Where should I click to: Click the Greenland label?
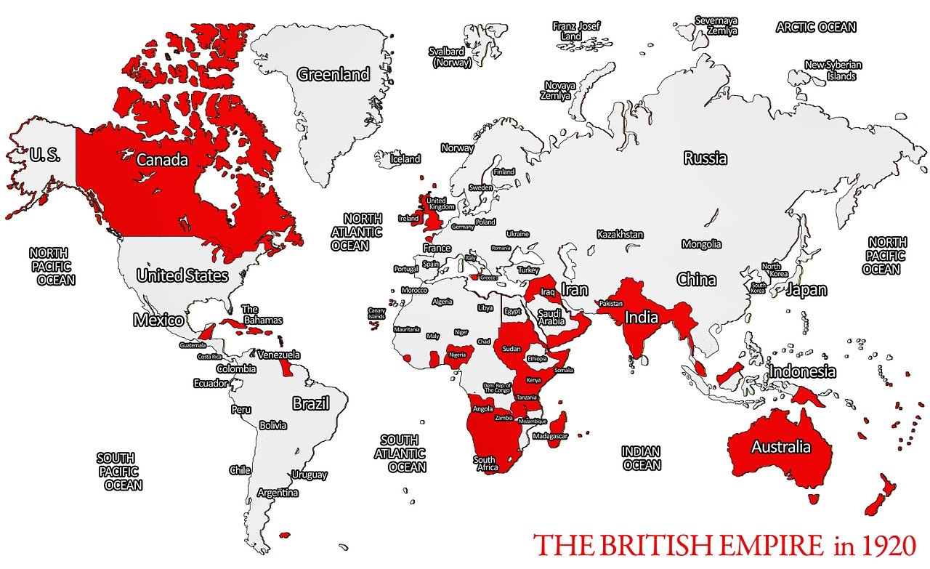click(333, 74)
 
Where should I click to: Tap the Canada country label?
click(163, 160)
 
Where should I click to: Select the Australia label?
click(781, 446)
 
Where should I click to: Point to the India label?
click(642, 317)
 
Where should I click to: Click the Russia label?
click(705, 158)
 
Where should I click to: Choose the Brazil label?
click(311, 403)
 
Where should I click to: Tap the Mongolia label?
click(701, 244)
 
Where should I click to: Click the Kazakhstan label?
click(620, 234)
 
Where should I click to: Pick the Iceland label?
click(405, 158)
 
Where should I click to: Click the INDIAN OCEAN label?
click(642, 459)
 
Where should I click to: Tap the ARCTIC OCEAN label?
click(816, 28)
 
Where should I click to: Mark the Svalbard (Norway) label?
click(450, 57)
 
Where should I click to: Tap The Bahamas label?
click(261, 315)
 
